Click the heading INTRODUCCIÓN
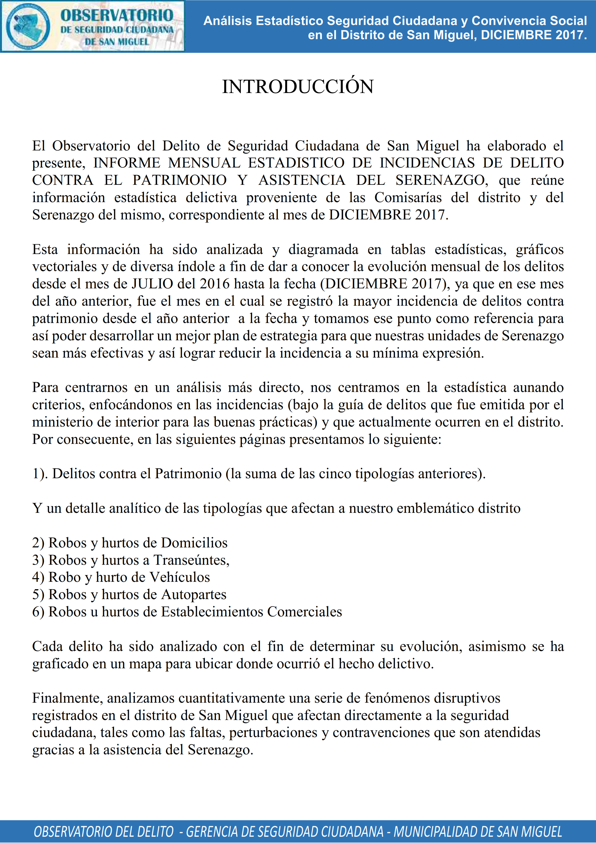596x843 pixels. tap(298, 87)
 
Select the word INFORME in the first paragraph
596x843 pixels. tap(127, 163)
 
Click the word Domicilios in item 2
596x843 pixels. tap(194, 543)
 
